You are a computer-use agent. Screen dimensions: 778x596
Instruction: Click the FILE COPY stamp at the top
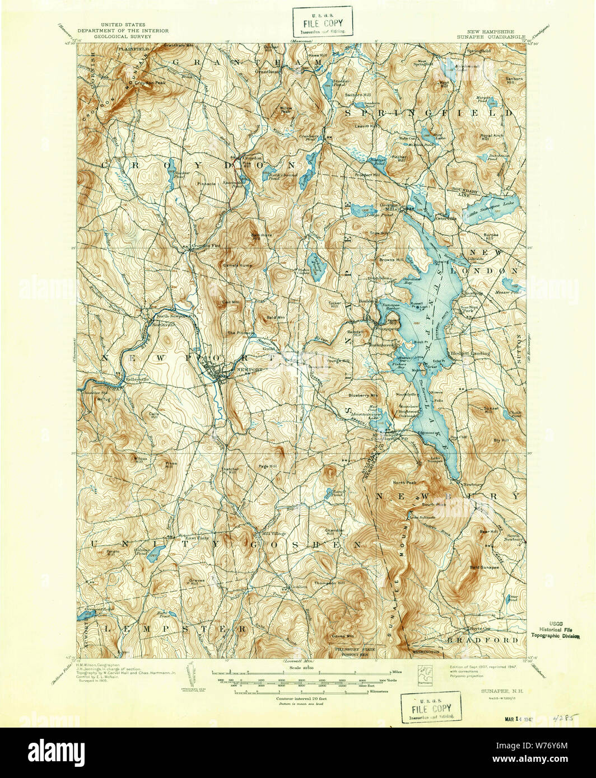pyautogui.click(x=322, y=21)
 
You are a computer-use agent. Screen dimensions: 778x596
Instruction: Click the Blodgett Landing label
pyautogui.click(x=469, y=353)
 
